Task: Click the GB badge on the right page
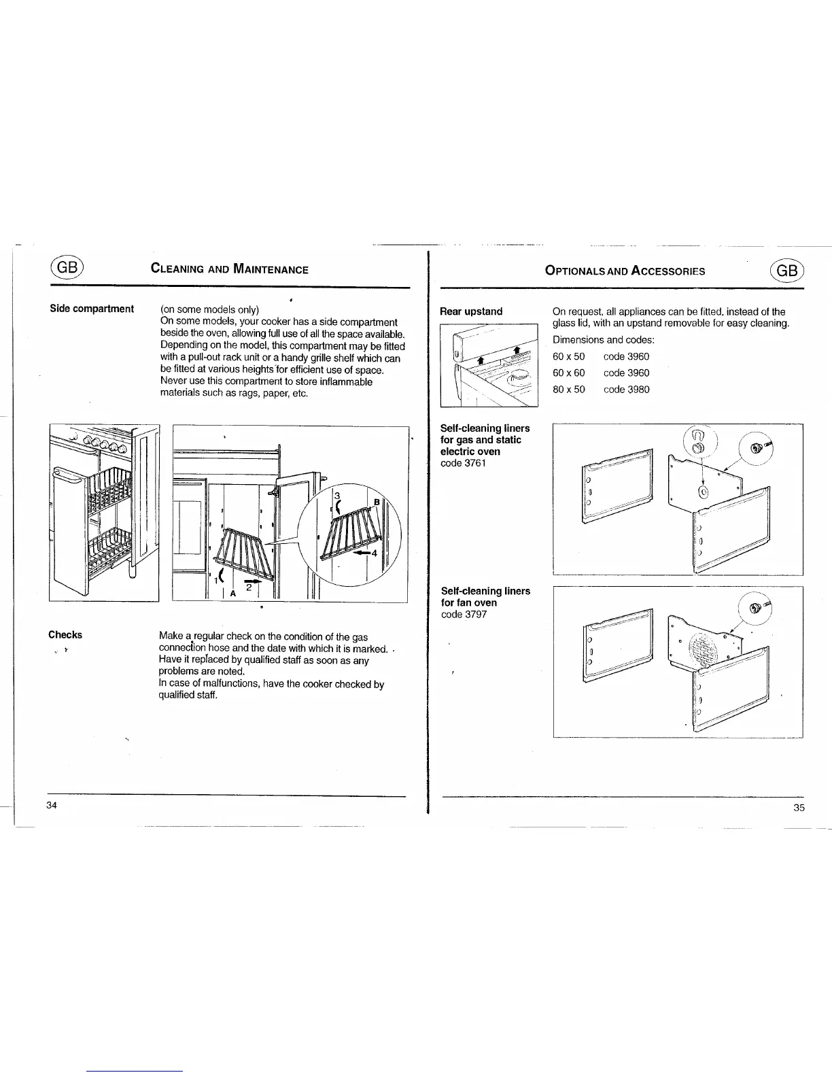coord(787,269)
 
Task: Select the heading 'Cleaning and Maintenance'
coord(230,269)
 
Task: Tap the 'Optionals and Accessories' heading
coord(625,271)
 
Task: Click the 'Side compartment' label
coord(92,309)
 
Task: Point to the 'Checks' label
coord(65,635)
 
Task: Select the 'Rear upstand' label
coord(471,311)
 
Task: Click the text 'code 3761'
coord(464,463)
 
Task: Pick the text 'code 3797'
coord(464,615)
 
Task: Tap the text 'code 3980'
coord(626,390)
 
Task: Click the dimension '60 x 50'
coord(568,356)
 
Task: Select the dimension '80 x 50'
coord(568,390)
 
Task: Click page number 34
coord(52,805)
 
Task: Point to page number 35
coord(799,807)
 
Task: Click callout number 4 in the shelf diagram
coord(374,553)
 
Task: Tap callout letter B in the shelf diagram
coord(376,502)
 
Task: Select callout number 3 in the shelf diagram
coord(336,496)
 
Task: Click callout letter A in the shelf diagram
coord(233,592)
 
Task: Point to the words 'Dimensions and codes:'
coord(603,339)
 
